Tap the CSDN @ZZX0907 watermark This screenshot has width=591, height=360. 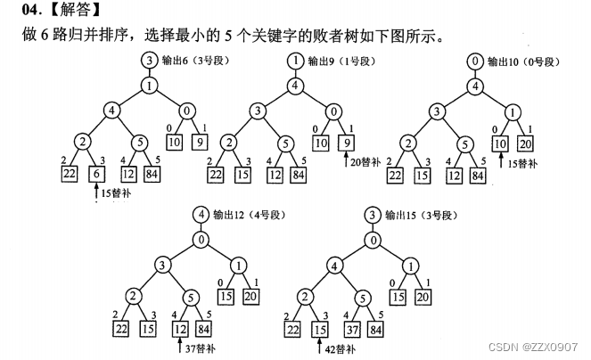click(x=543, y=347)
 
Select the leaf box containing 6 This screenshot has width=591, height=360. click(x=96, y=175)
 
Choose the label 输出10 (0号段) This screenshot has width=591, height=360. click(x=525, y=61)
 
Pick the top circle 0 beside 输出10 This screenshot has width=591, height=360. click(x=475, y=61)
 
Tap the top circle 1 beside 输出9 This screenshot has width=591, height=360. click(x=293, y=61)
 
